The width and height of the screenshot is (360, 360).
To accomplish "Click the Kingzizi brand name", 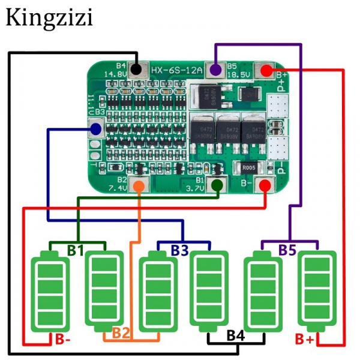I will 49,18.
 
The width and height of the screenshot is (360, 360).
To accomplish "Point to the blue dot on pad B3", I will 95,128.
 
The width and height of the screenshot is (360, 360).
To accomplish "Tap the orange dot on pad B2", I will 139,185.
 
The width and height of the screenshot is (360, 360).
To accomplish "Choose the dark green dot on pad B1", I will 217,185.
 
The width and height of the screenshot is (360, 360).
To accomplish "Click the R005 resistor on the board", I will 248,169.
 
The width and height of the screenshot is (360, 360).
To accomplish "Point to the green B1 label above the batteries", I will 75,250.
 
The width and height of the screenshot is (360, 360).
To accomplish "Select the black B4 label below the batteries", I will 235,336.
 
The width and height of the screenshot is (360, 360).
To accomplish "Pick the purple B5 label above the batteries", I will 287,250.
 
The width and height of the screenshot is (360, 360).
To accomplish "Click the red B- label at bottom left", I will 63,340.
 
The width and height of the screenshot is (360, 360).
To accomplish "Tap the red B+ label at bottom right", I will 304,340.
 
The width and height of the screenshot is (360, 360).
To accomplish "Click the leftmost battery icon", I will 50,290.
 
